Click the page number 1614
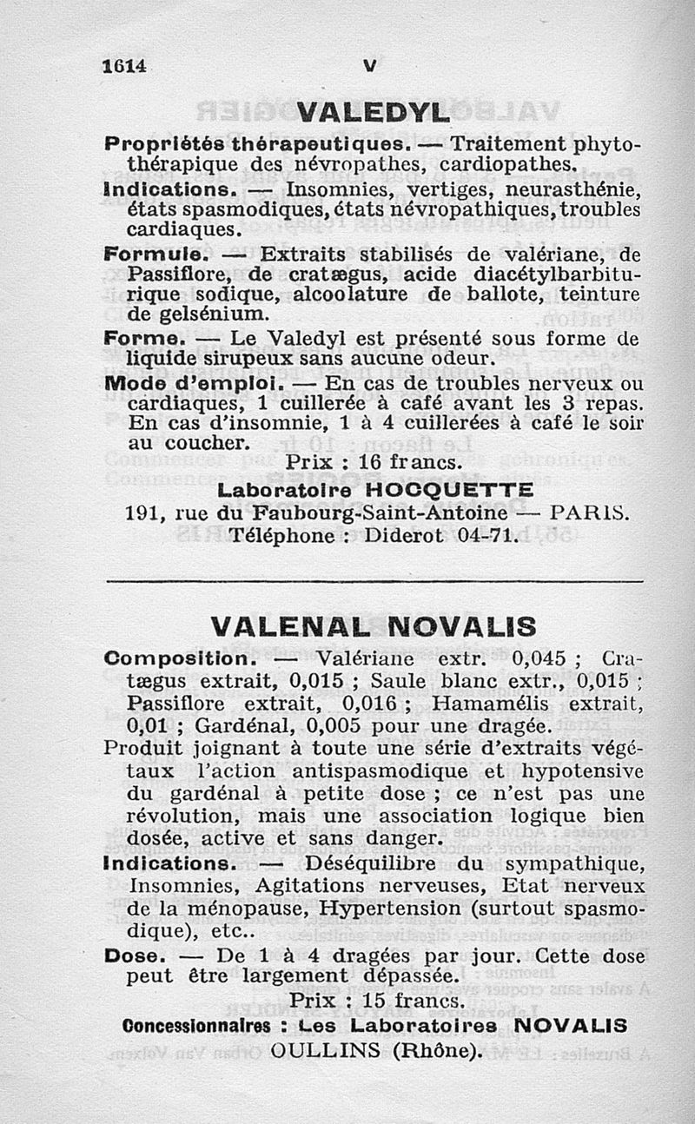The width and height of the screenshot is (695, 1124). pyautogui.click(x=125, y=66)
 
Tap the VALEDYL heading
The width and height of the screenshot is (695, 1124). pyautogui.click(x=373, y=114)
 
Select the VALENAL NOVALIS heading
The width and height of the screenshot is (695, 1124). pyautogui.click(x=374, y=626)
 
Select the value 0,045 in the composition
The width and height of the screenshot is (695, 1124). pyautogui.click(x=539, y=658)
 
